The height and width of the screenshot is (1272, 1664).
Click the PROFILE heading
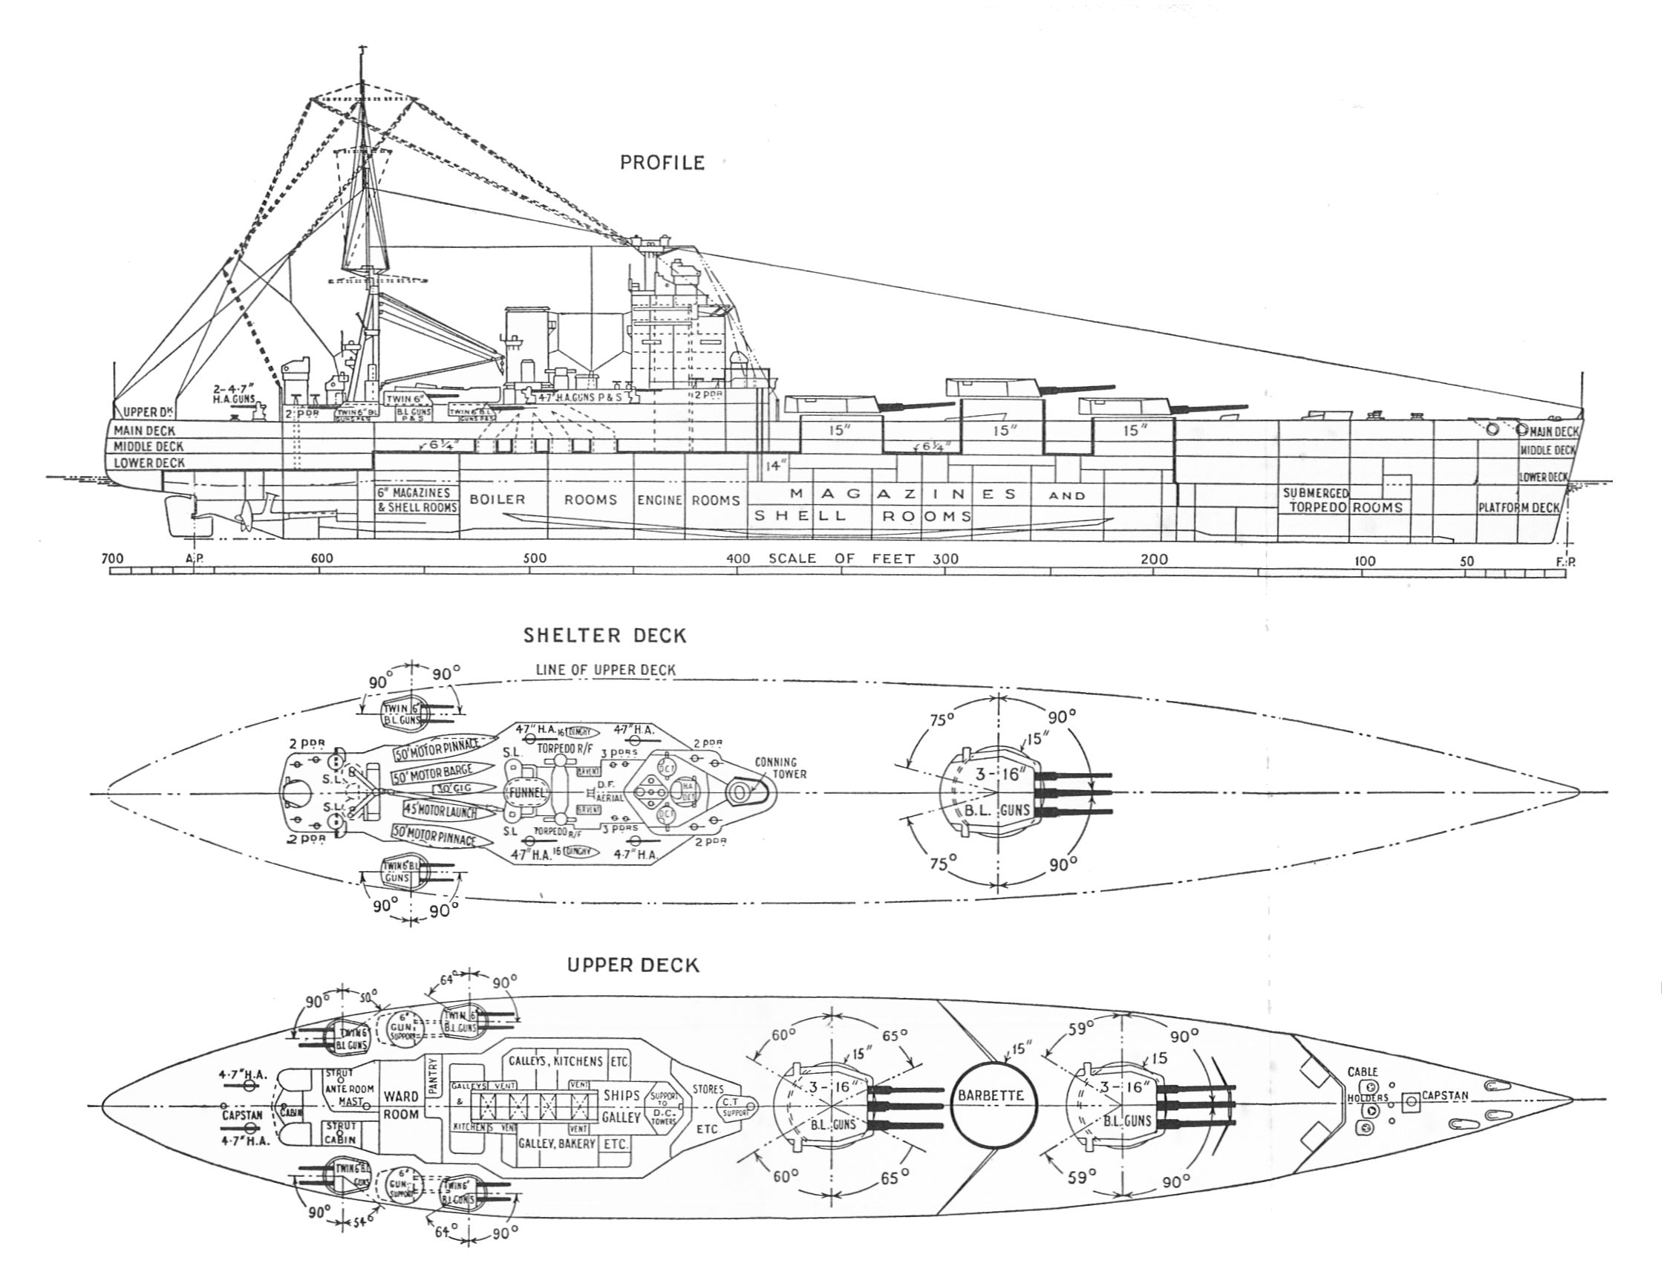coord(662,163)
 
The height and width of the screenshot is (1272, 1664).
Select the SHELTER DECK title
coord(604,635)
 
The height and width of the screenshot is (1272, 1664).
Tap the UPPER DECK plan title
coord(633,965)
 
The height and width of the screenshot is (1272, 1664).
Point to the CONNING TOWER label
coord(780,768)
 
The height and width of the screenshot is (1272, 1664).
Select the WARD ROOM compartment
coord(401,1105)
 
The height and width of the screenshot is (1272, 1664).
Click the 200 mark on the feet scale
coord(1155,560)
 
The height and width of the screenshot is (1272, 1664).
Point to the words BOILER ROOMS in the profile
coord(543,500)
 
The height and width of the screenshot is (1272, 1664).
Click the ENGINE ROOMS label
coord(688,500)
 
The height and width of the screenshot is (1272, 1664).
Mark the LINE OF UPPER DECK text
coord(605,669)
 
